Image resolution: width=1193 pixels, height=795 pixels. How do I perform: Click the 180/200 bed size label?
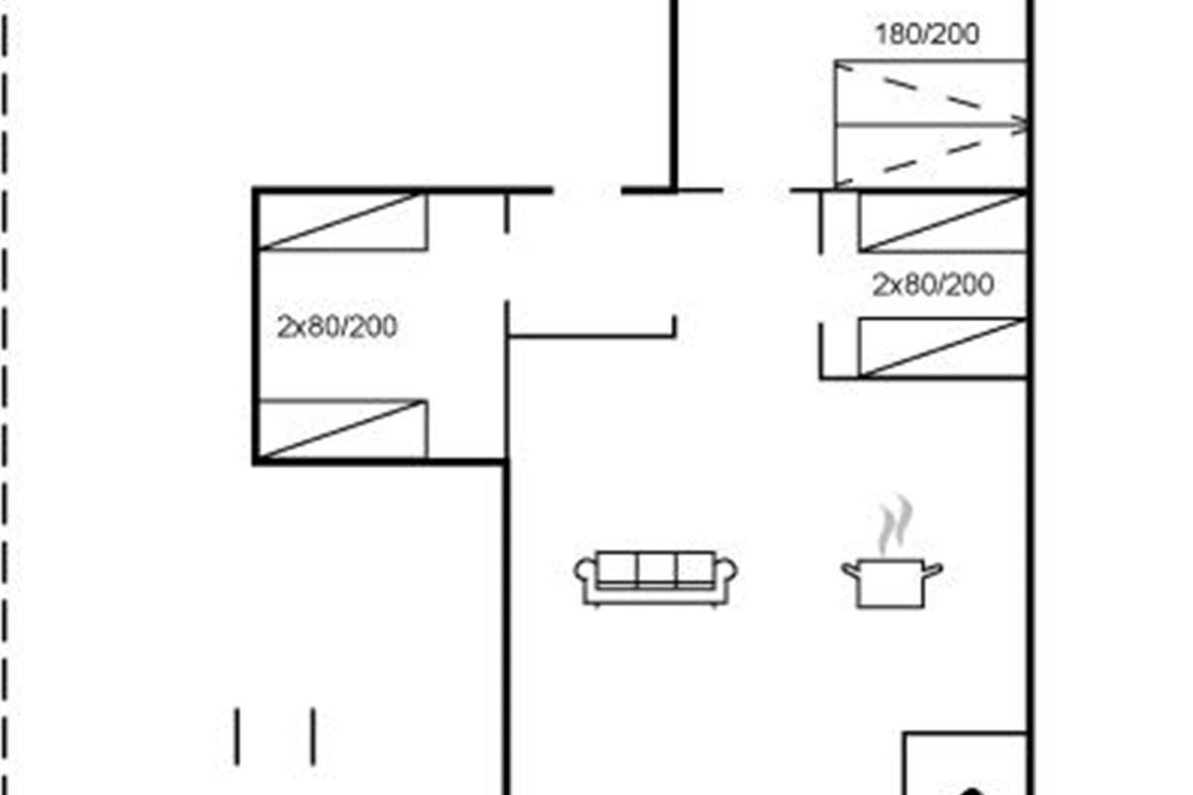[x=927, y=35]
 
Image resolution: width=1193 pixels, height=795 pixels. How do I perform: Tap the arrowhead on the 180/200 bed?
[x=1019, y=124]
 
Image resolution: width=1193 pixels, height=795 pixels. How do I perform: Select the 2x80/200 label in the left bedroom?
[x=337, y=326]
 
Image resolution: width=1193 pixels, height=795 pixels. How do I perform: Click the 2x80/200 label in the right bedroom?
[x=933, y=286]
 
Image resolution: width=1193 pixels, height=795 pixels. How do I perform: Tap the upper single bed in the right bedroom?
[x=941, y=223]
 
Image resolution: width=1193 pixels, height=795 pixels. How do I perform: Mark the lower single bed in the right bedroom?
[x=941, y=348]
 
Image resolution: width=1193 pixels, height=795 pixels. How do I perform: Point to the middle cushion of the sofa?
[x=656, y=569]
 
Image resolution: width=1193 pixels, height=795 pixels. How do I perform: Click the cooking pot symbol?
[x=892, y=581]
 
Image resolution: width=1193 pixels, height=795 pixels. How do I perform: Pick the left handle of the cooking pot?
[x=850, y=568]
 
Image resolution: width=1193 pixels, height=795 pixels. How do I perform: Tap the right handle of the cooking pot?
[x=934, y=568]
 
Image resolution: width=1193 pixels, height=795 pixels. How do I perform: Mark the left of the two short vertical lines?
[x=237, y=736]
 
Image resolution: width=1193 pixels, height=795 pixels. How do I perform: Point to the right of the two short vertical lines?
[x=313, y=736]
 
